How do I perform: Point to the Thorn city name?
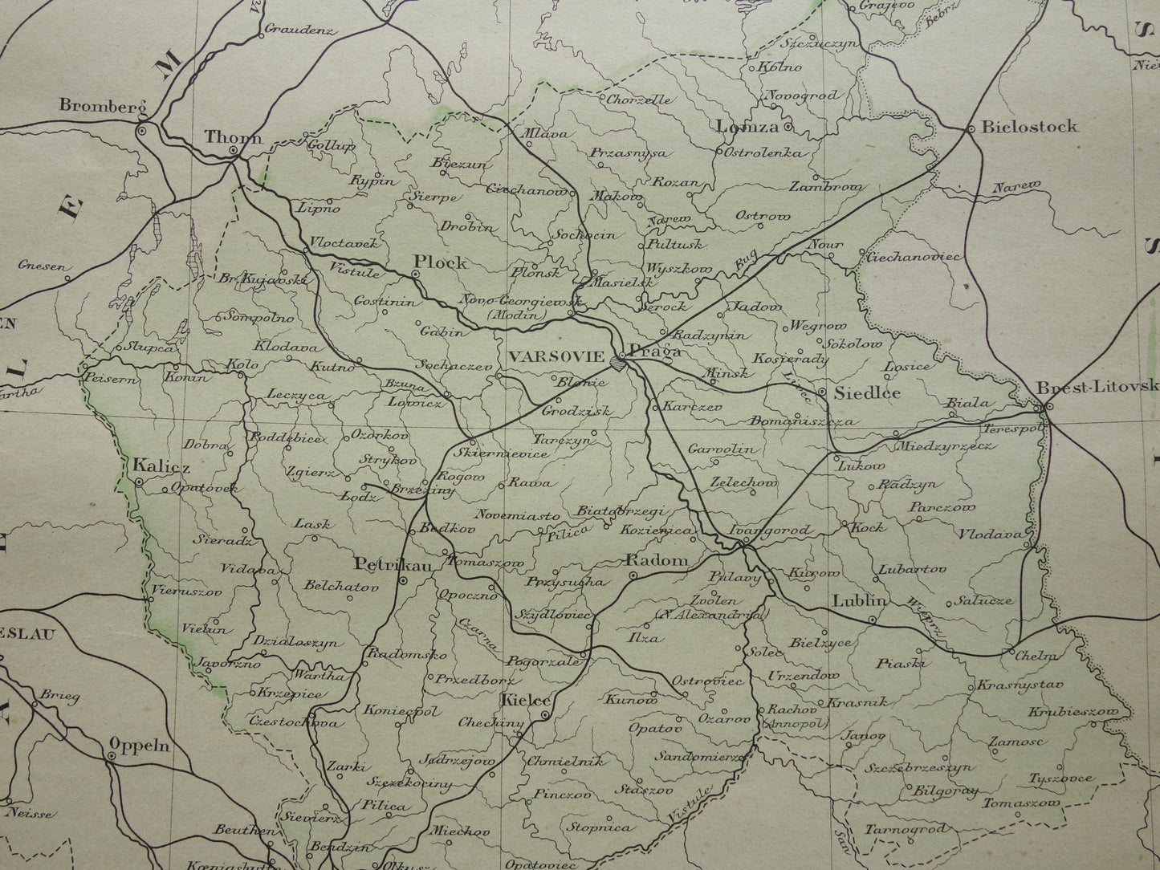point(233,137)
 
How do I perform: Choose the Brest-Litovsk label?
point(1097,386)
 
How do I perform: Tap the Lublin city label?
point(858,600)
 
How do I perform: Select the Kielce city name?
point(525,701)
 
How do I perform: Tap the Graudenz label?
point(298,33)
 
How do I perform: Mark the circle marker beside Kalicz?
point(138,482)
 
